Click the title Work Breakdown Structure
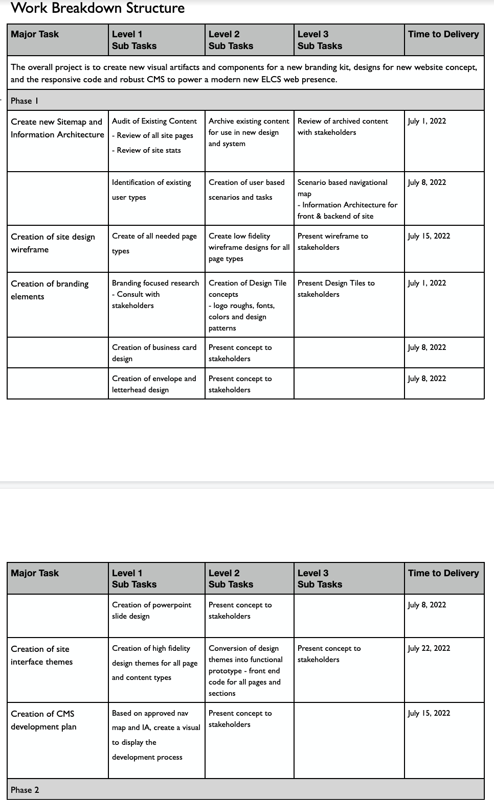98,8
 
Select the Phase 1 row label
25,101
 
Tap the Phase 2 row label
25,790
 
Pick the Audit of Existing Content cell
154,135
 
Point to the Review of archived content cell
343,127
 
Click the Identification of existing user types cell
151,190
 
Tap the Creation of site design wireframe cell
53,243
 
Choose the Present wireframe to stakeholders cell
332,242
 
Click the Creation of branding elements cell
50,290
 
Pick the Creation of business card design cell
154,353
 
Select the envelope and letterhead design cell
154,384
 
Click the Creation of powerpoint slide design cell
151,610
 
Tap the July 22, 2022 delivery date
429,648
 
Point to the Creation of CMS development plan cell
43,720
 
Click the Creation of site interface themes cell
41,655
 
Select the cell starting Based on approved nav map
155,735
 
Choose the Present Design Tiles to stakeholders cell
336,289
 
